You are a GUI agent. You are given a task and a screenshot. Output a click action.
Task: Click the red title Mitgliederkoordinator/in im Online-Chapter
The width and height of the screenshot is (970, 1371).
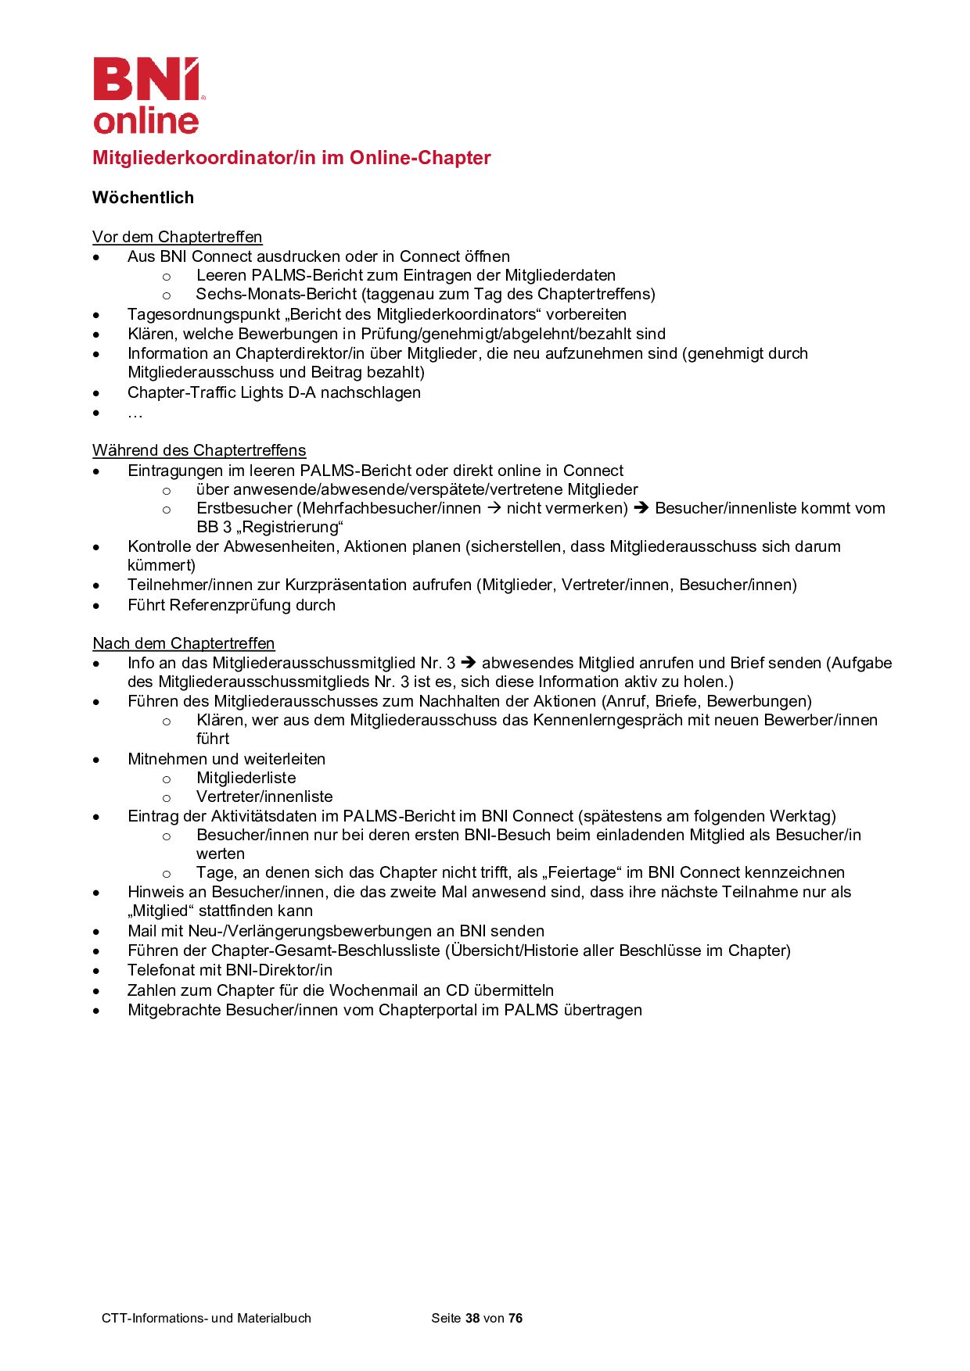tap(291, 158)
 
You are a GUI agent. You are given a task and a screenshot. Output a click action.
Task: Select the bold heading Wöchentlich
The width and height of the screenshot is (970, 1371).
tap(143, 198)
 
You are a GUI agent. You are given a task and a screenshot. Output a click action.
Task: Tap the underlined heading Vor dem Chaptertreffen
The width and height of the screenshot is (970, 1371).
tap(177, 237)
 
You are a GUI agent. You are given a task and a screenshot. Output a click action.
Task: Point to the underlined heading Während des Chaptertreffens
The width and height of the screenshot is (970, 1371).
tap(199, 450)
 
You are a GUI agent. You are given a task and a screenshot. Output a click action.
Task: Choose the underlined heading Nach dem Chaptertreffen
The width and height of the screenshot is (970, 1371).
tap(183, 643)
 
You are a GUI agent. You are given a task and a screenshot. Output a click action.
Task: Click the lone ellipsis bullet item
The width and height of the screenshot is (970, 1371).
tap(135, 413)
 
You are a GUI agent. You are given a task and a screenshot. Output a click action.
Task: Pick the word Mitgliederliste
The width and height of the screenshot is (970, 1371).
tap(246, 778)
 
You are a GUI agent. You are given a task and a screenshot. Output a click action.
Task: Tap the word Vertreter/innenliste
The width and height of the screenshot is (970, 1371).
tap(264, 796)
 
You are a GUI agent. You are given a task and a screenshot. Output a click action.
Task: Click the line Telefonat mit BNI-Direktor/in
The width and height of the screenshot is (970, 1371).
tap(230, 970)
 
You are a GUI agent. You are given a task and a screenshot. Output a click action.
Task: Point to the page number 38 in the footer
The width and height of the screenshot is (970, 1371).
tap(472, 1318)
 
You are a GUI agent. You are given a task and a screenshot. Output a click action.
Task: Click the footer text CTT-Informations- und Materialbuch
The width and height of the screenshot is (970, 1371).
tap(207, 1318)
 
